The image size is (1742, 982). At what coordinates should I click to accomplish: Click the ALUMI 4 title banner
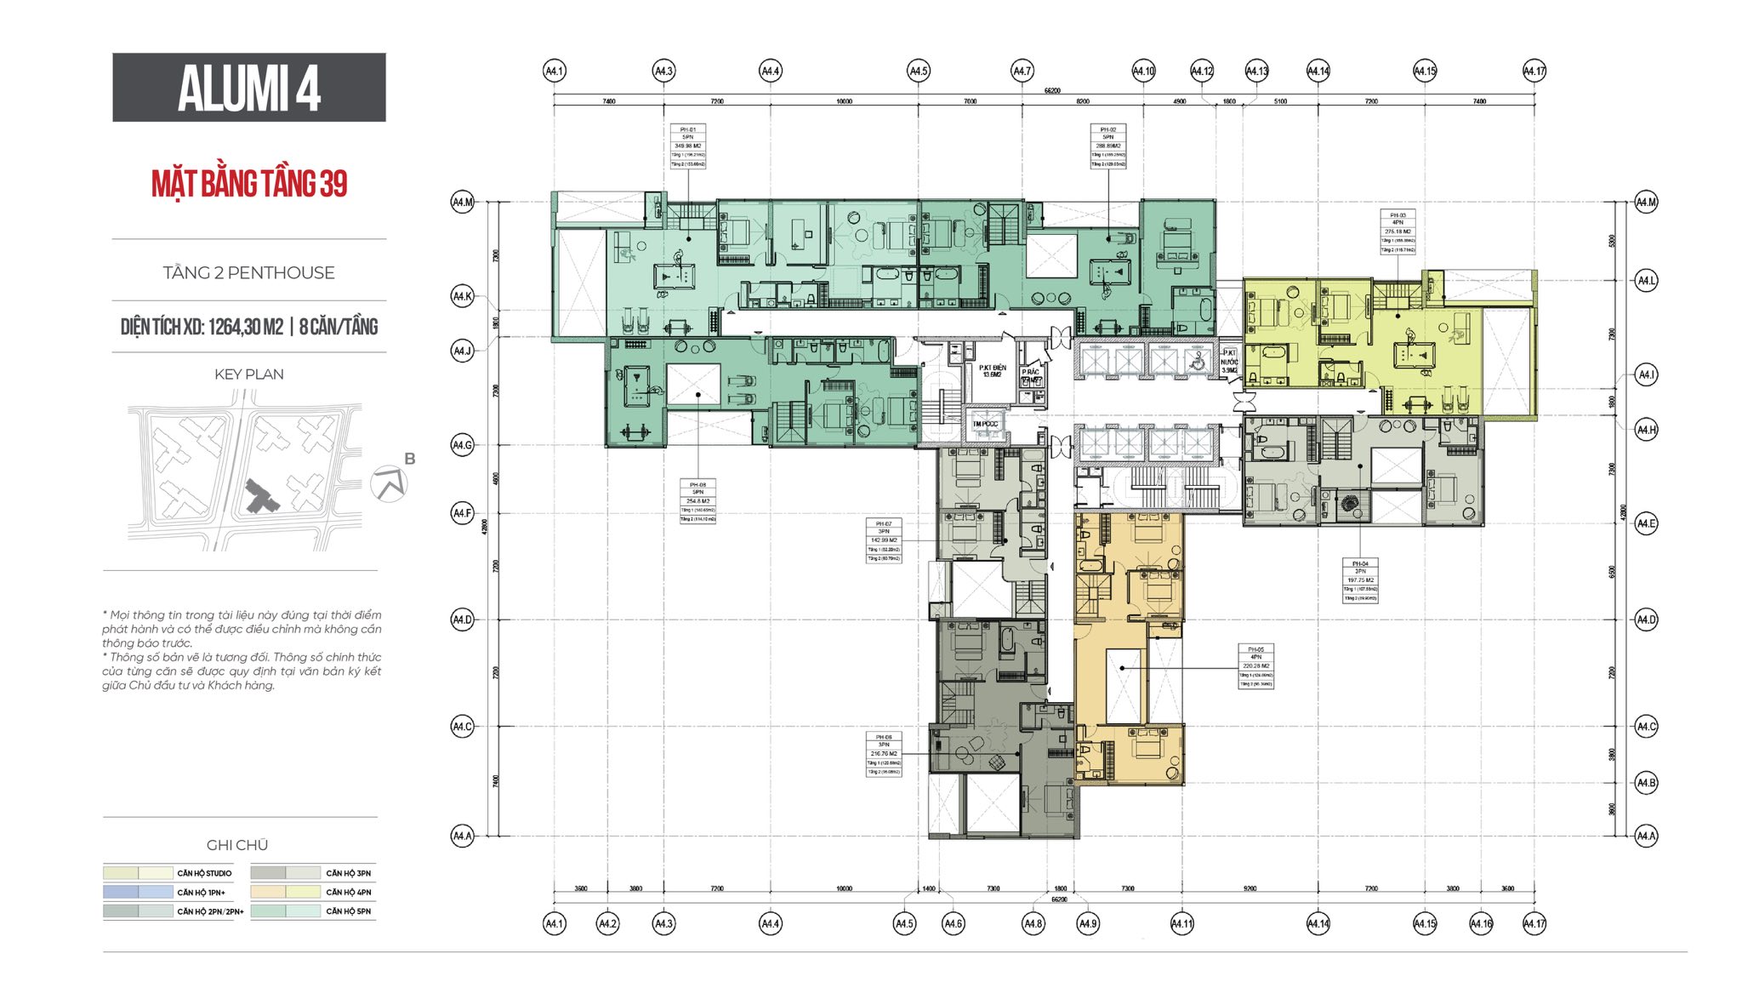pos(248,87)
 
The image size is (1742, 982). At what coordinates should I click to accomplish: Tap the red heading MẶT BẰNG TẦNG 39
pos(249,184)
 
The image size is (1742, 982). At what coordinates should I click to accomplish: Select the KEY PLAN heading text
pos(248,374)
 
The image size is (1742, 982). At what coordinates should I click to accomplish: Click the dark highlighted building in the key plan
pos(260,496)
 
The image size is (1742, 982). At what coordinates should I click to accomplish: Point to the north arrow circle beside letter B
pos(389,484)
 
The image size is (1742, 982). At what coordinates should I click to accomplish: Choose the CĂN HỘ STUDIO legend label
pos(204,873)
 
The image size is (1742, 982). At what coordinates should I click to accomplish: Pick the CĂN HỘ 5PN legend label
pos(348,911)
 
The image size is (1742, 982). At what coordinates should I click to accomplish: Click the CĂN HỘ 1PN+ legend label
pos(201,893)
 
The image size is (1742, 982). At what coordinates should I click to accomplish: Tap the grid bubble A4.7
pos(1022,71)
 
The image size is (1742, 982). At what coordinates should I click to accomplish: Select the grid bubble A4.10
pos(1143,71)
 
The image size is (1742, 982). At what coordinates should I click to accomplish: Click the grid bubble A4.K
pos(462,296)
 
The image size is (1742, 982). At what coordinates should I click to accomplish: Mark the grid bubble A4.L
pos(1646,280)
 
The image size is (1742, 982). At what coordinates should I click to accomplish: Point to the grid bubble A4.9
pos(1088,923)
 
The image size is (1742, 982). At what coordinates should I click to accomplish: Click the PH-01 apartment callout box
pos(687,146)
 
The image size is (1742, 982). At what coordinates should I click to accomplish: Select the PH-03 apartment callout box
pos(1398,232)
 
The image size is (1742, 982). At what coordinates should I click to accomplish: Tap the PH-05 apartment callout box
pos(1255,666)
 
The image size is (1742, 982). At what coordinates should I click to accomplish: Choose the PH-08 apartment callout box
pos(697,501)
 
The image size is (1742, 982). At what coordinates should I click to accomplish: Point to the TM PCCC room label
pos(985,424)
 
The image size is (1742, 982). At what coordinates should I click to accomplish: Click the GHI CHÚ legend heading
pos(237,845)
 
